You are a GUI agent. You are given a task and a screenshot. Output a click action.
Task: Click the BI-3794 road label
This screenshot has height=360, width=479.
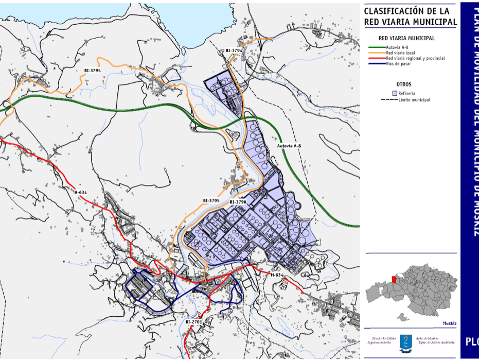tap(234, 50)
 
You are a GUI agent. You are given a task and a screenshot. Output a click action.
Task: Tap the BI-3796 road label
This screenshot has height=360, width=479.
tap(238, 202)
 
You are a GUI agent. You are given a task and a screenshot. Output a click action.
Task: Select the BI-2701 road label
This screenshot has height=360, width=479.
tap(194, 322)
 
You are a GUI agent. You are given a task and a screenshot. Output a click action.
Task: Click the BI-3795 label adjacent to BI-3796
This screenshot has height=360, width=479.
tap(211, 200)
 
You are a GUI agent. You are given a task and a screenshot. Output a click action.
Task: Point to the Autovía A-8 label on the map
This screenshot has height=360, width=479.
tap(289, 146)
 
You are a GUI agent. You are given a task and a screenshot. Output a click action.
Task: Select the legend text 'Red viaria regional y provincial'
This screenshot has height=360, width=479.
tap(415, 58)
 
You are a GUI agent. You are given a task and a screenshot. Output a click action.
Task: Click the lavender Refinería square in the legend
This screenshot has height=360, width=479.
tap(395, 93)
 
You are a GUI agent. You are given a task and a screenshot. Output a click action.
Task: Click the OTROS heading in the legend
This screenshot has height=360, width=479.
tap(404, 84)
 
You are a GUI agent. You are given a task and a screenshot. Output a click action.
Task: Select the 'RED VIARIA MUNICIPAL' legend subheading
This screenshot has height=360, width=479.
tap(406, 38)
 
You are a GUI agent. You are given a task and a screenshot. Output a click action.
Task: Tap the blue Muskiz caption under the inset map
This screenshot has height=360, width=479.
tap(449, 324)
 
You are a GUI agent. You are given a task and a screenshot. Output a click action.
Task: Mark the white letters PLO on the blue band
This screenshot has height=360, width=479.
tap(472, 341)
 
